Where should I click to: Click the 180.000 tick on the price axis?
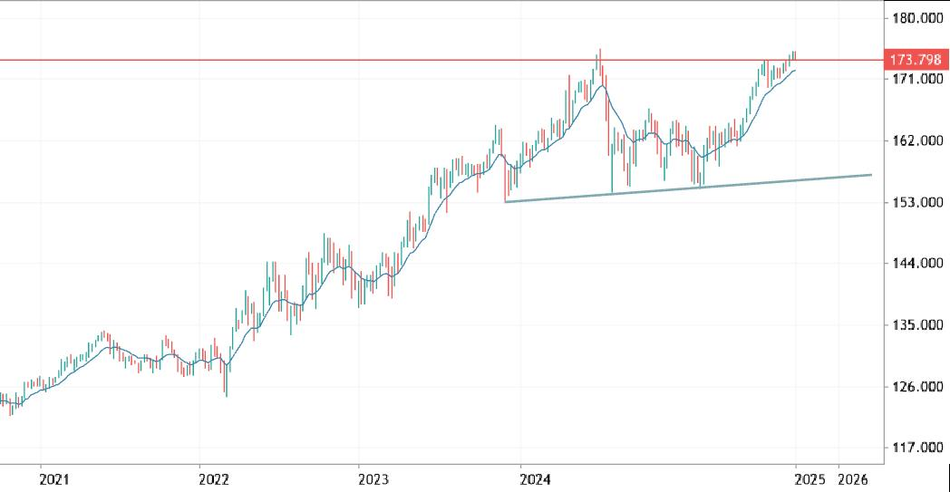(x=915, y=18)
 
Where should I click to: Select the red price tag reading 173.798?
(x=915, y=60)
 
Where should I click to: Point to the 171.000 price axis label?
(x=915, y=80)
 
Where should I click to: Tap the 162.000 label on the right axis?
(x=915, y=141)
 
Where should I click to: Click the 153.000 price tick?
(x=915, y=203)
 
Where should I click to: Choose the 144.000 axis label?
(x=915, y=264)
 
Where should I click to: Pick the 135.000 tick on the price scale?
(x=915, y=325)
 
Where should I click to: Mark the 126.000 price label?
(x=915, y=387)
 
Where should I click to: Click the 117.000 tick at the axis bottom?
(x=915, y=448)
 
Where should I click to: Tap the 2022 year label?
(x=214, y=478)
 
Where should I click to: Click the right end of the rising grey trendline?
(x=871, y=175)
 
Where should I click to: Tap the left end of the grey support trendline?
(x=505, y=201)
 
